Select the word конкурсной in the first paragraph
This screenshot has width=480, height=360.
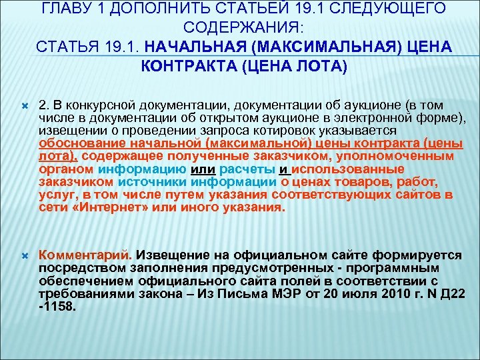(101, 105)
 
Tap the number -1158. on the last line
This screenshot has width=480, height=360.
(57, 308)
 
